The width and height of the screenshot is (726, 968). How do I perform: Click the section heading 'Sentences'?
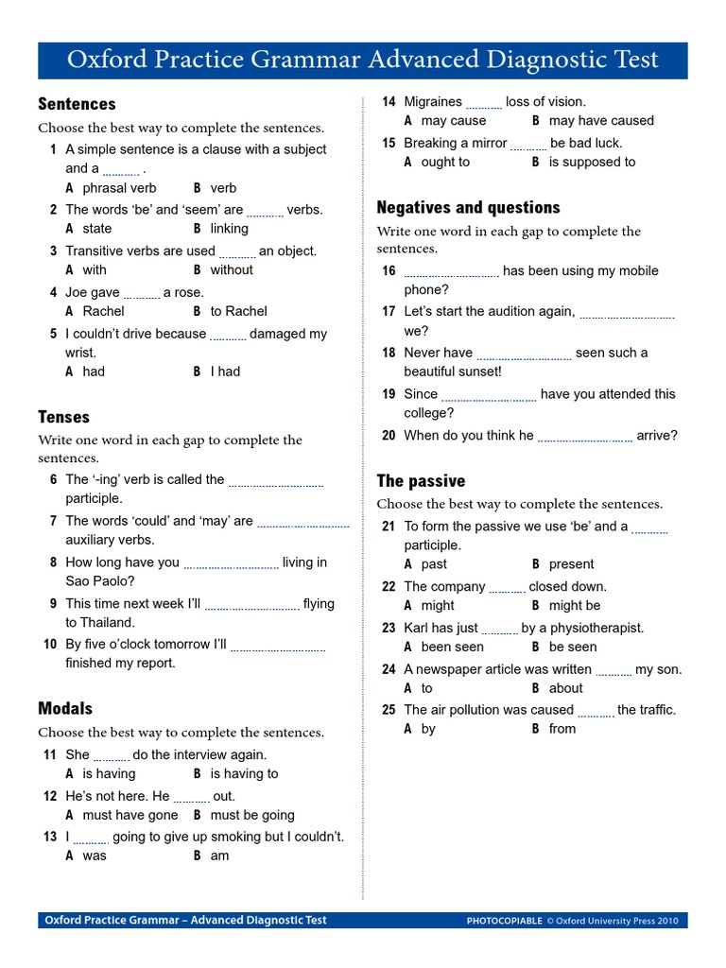click(77, 104)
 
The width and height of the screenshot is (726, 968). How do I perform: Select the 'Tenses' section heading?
click(63, 417)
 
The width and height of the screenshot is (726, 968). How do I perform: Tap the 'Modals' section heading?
click(65, 708)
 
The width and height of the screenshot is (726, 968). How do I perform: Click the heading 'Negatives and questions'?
click(468, 207)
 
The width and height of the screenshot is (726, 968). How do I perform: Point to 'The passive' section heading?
click(421, 481)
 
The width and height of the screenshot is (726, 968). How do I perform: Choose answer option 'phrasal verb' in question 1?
click(119, 188)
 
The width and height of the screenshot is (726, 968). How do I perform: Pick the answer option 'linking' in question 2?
click(229, 229)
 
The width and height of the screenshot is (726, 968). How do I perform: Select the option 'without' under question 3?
click(232, 269)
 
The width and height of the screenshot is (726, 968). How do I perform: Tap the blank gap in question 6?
click(276, 482)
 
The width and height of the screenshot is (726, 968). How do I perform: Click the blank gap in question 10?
click(278, 648)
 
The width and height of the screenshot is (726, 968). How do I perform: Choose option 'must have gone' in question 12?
click(130, 815)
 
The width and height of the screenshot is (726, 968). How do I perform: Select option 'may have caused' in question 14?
click(600, 121)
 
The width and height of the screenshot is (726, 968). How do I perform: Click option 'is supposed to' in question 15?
click(592, 162)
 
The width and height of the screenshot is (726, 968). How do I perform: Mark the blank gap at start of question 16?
click(451, 274)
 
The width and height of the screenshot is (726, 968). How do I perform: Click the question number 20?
click(389, 436)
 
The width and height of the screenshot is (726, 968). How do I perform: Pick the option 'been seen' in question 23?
click(452, 648)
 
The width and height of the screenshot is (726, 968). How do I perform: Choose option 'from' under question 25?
click(562, 729)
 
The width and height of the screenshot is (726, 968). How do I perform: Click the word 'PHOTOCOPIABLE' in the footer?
click(505, 921)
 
